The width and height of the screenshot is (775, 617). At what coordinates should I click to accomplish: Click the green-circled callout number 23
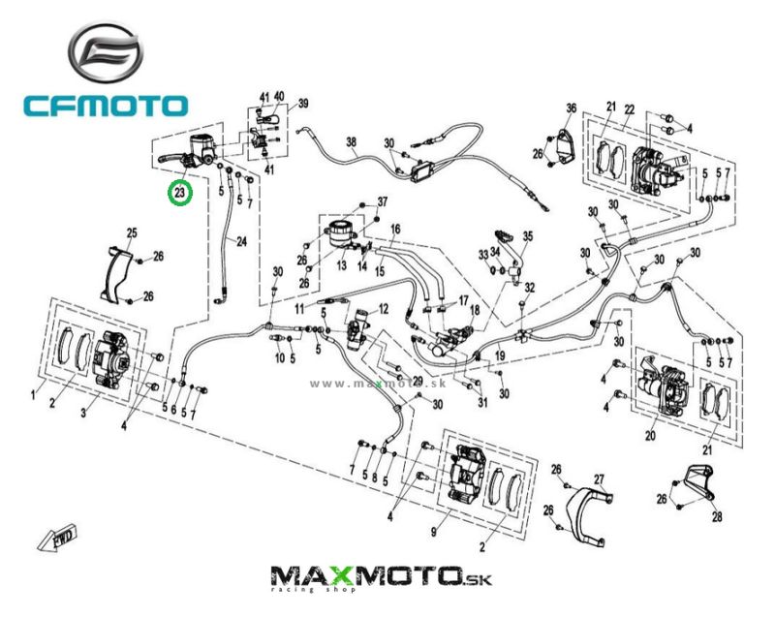pyautogui.click(x=180, y=193)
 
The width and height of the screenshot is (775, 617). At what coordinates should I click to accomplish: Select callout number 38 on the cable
pyautogui.click(x=352, y=141)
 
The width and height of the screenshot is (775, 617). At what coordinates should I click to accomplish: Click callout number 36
pyautogui.click(x=572, y=108)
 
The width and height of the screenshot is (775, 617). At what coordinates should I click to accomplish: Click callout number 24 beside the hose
pyautogui.click(x=241, y=242)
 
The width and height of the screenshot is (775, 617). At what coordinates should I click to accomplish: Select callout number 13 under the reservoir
pyautogui.click(x=341, y=265)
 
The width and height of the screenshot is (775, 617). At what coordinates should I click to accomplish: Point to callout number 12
pyautogui.click(x=383, y=309)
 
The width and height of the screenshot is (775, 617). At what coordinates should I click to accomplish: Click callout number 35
pyautogui.click(x=528, y=235)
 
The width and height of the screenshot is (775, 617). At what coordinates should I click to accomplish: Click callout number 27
pyautogui.click(x=599, y=479)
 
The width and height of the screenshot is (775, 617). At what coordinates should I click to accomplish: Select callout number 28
pyautogui.click(x=716, y=516)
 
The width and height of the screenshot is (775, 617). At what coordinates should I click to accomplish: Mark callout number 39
pyautogui.click(x=302, y=104)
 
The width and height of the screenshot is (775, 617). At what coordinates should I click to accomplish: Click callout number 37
pyautogui.click(x=382, y=201)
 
